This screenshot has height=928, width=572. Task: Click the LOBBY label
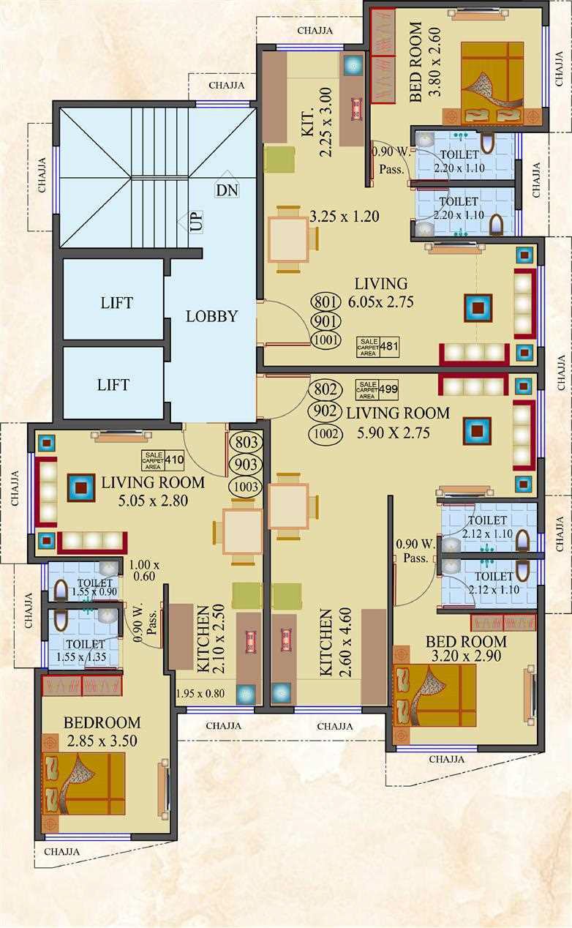click(x=211, y=316)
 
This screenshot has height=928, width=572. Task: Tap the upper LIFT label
click(x=117, y=303)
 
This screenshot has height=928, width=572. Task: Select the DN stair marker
click(x=227, y=190)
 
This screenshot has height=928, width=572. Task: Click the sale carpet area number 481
click(x=389, y=345)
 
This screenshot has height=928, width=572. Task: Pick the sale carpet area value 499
click(x=388, y=389)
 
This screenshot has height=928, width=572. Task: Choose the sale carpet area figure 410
click(x=174, y=459)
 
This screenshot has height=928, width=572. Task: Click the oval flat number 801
click(x=325, y=302)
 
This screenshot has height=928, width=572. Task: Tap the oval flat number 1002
click(x=325, y=434)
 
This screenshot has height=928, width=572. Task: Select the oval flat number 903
click(x=246, y=465)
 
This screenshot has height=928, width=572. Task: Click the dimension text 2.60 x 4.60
click(x=345, y=642)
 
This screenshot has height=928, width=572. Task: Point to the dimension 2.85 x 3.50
click(x=102, y=741)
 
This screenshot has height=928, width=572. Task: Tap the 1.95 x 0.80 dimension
click(x=200, y=693)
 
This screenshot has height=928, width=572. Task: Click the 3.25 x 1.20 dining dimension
click(x=345, y=216)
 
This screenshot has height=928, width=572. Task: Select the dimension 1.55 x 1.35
click(x=81, y=656)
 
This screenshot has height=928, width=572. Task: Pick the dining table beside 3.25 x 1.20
click(x=289, y=239)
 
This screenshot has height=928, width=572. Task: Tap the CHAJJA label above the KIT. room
click(x=315, y=31)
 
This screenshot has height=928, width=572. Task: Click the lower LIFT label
click(x=113, y=385)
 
